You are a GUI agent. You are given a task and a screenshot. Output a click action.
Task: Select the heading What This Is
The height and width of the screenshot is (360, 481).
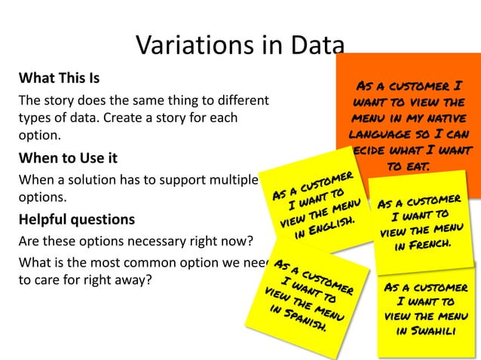(59, 78)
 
